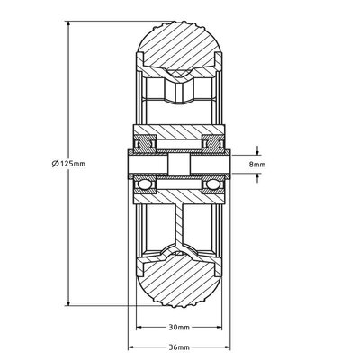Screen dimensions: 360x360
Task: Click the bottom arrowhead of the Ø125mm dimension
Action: [x=69, y=304]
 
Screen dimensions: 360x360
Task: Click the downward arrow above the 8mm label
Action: [x=259, y=150]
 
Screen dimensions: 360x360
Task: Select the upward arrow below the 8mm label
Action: [x=259, y=178]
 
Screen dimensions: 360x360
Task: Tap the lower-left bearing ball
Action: [x=144, y=184]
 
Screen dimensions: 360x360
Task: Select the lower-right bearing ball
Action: [x=214, y=184]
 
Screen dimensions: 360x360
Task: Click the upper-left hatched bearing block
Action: [x=145, y=141]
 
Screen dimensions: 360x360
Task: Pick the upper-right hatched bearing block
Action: [x=213, y=141]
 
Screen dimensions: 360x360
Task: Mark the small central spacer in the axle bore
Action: [x=179, y=165]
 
